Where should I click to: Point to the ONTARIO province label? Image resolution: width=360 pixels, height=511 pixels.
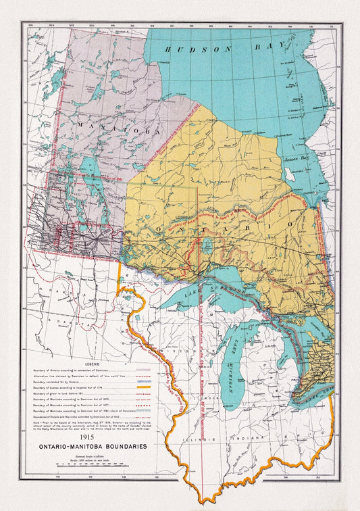point(222,228)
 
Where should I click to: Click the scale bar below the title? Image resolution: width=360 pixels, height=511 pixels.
point(88,466)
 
